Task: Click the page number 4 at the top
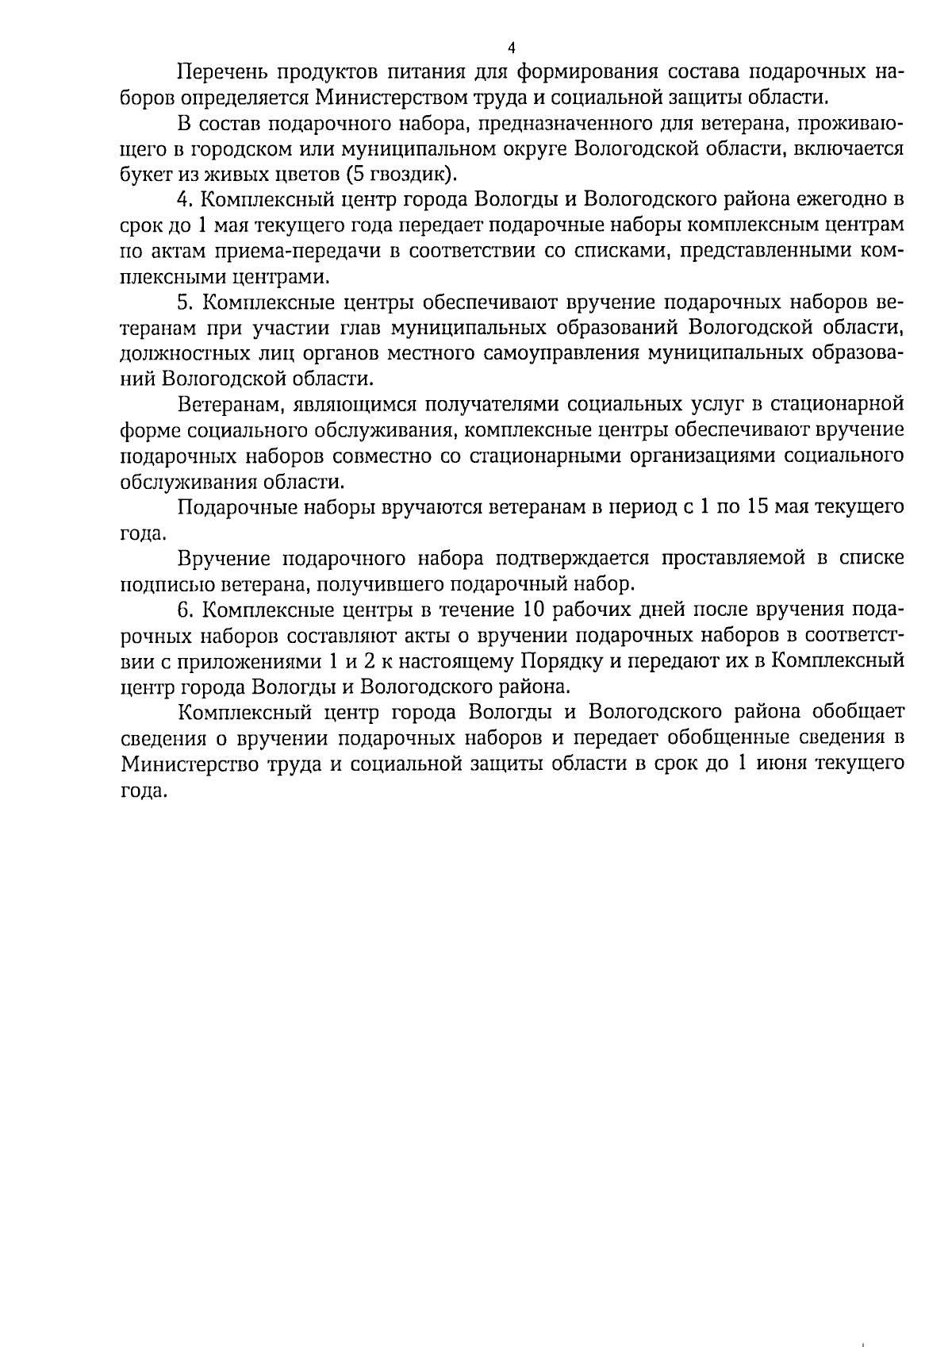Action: (x=511, y=48)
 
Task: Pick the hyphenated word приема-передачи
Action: (x=277, y=251)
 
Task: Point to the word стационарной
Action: (x=839, y=404)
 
